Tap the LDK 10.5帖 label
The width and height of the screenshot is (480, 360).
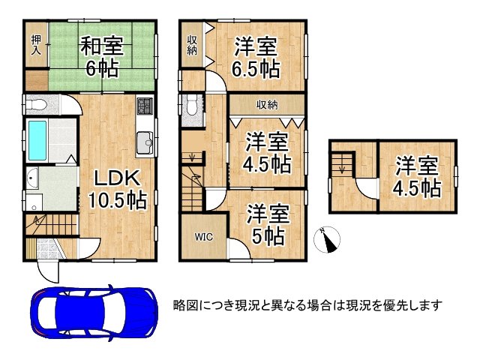point(116,188)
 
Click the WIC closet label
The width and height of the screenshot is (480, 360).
point(203,238)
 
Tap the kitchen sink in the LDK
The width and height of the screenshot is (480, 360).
point(144,141)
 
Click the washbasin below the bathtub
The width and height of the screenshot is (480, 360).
point(35,180)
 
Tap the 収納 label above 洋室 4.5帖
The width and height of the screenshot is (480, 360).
point(266,104)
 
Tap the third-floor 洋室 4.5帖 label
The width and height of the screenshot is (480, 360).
point(417,176)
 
